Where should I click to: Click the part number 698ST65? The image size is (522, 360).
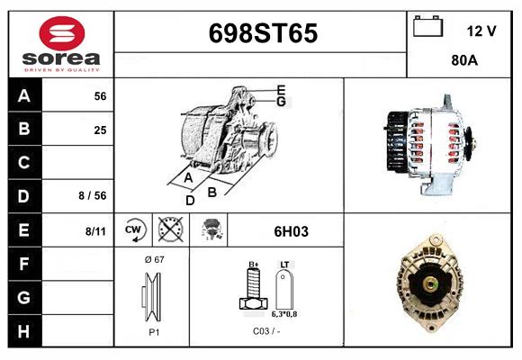click(262, 34)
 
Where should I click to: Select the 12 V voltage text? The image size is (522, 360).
click(481, 31)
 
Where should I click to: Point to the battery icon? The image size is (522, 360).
click(427, 27)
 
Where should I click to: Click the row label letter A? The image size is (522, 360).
click(24, 96)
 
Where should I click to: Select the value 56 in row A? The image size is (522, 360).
click(100, 96)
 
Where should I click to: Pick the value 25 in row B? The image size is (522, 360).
click(100, 130)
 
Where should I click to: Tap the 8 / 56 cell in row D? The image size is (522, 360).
click(94, 196)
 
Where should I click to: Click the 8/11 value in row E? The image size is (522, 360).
click(95, 230)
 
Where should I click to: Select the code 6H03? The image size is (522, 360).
click(291, 231)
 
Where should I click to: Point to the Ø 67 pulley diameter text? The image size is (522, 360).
click(153, 259)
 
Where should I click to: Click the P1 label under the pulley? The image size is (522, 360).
click(153, 332)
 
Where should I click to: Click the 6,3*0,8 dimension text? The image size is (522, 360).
click(286, 315)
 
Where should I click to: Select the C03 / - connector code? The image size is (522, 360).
click(266, 332)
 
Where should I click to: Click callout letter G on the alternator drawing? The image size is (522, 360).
click(281, 102)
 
